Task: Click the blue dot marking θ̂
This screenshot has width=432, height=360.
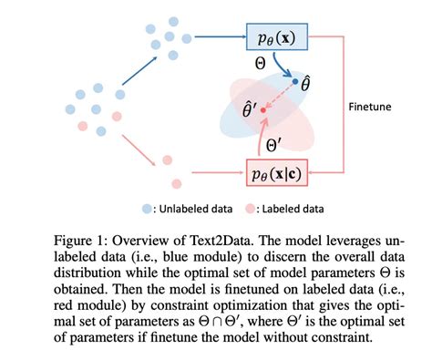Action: tap(294, 83)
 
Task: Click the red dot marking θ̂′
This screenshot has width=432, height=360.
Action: tap(264, 111)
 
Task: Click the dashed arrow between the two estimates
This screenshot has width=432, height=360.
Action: tap(280, 97)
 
